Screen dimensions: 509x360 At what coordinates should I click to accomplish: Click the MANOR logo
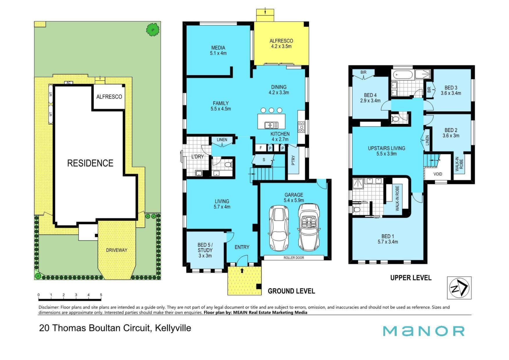tap(423, 331)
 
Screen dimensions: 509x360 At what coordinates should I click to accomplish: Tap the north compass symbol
tap(459, 288)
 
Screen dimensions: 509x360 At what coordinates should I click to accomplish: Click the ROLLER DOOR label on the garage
tap(294, 258)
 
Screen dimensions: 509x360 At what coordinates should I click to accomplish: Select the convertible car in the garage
tap(309, 227)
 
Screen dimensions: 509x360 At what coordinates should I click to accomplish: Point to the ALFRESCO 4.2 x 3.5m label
tap(281, 44)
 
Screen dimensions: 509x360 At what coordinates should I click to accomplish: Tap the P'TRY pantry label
tap(293, 160)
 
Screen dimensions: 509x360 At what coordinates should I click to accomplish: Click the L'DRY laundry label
tap(198, 157)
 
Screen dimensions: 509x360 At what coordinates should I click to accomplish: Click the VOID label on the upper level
tap(438, 174)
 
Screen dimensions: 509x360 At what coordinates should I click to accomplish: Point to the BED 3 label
tap(451, 88)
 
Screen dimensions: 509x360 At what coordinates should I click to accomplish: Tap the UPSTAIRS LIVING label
tap(387, 148)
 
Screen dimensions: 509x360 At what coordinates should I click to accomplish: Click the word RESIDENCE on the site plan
tap(90, 163)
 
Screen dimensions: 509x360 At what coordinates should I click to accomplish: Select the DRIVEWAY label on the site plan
tap(117, 250)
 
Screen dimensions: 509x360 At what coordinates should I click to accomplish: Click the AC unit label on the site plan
tap(68, 83)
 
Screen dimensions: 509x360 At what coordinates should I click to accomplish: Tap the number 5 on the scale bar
tap(101, 295)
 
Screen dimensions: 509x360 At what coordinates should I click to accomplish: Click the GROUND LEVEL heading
tap(291, 291)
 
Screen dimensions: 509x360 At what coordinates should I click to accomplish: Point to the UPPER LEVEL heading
tap(411, 278)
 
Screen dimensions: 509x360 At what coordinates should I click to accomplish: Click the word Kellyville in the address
tap(173, 328)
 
